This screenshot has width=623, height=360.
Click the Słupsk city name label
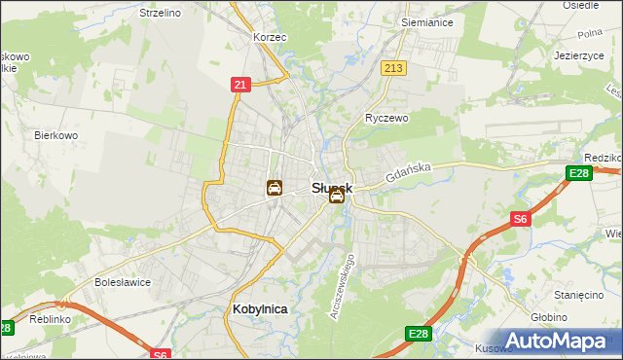coord(331,186)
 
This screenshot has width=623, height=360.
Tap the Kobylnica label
coord(261,308)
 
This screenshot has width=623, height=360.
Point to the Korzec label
coord(268,37)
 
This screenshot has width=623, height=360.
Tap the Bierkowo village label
coord(56,135)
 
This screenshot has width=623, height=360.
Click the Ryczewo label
coord(386,117)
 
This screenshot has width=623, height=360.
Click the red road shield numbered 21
coord(240,86)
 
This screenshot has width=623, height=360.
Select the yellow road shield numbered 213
coord(394,68)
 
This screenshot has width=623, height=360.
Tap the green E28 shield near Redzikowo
coord(579,174)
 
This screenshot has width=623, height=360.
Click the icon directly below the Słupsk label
coord(336,197)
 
